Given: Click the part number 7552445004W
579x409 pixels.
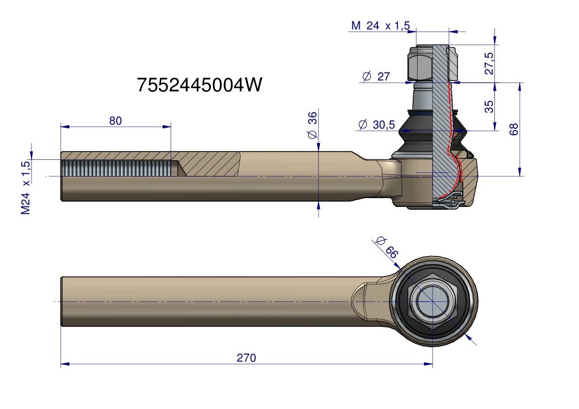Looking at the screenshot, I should pyautogui.click(x=199, y=85).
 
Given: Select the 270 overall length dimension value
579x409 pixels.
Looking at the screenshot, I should pyautogui.click(x=246, y=358).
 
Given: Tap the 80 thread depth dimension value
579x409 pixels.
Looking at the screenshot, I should pyautogui.click(x=115, y=121).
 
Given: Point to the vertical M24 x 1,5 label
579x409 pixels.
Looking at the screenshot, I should pyautogui.click(x=26, y=187).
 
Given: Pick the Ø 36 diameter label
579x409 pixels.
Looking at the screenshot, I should pyautogui.click(x=312, y=125).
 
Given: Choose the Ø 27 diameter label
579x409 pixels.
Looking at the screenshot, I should pyautogui.click(x=376, y=77).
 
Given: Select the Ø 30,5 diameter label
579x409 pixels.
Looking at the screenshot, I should pyautogui.click(x=376, y=125).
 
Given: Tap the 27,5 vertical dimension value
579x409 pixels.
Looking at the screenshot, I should pyautogui.click(x=489, y=63).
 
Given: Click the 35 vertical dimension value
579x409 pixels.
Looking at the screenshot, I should pyautogui.click(x=489, y=106).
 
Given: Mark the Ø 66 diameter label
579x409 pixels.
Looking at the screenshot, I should pyautogui.click(x=387, y=246).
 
